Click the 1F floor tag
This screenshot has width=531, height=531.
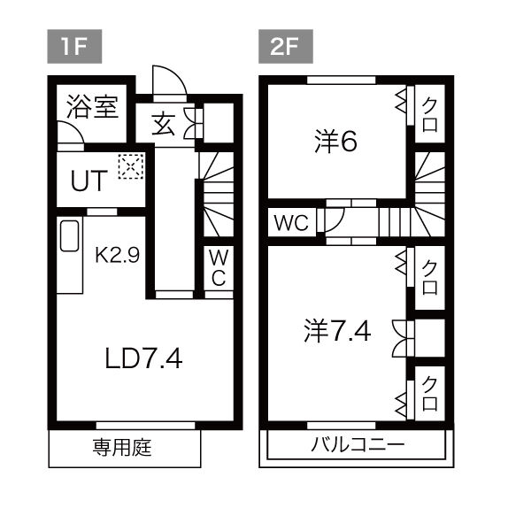pyautogui.click(x=74, y=46)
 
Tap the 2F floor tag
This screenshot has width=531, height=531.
pyautogui.click(x=286, y=46)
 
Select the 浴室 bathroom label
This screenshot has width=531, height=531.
pyautogui.click(x=92, y=107)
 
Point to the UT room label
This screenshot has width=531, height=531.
pyautogui.click(x=89, y=181)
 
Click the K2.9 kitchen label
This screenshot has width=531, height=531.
pyautogui.click(x=117, y=255)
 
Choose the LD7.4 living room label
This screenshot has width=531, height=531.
pyautogui.click(x=143, y=358)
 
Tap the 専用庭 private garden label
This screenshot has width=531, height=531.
pyautogui.click(x=122, y=447)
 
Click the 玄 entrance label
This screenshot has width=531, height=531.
pyautogui.click(x=163, y=125)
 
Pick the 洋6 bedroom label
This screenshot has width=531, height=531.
pyautogui.click(x=335, y=142)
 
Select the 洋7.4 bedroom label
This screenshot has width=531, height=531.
pyautogui.click(x=337, y=331)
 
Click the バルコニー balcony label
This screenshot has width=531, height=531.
pyautogui.click(x=358, y=444)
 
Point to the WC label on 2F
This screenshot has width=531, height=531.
pyautogui.click(x=291, y=223)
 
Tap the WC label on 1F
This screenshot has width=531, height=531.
pyautogui.click(x=219, y=267)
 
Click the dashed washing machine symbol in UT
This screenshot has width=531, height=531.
pyautogui.click(x=131, y=166)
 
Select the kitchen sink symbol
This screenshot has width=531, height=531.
pyautogui.click(x=70, y=236)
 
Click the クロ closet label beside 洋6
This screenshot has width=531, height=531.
pyautogui.click(x=429, y=114)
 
